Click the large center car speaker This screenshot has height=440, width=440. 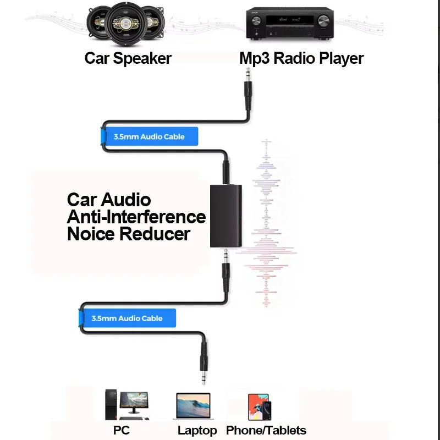[126, 24]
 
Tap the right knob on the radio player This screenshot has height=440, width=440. [323, 21]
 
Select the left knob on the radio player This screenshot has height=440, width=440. [256, 21]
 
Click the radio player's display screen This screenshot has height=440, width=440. [290, 20]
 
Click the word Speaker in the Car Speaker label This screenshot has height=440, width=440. [142, 58]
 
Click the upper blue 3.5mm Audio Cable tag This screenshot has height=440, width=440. [149, 136]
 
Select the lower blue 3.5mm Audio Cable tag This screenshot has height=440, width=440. [127, 318]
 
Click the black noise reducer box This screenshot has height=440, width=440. [226, 216]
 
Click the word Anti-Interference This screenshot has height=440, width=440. [136, 217]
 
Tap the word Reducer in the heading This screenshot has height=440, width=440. [155, 234]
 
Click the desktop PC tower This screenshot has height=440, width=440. [111, 404]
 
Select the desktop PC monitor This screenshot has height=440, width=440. [134, 403]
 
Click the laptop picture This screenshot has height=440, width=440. [193, 406]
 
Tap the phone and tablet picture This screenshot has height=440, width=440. [260, 407]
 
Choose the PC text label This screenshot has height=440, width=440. [121, 430]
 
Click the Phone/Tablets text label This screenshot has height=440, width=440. [266, 430]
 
